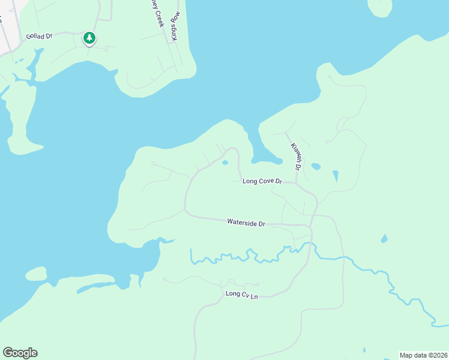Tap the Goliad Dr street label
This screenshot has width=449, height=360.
40,36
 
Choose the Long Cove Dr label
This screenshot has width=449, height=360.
262,181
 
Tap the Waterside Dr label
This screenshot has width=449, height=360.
246,223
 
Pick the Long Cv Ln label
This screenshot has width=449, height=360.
241,294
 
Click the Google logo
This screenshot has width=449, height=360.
20,352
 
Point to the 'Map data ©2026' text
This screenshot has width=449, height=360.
423,355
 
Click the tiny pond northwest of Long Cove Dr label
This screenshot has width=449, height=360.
225,163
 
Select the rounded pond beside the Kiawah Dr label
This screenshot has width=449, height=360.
316,166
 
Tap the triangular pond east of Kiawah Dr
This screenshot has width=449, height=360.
335,176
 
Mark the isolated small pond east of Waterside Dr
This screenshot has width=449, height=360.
384,239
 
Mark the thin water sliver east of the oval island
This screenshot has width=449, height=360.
96,286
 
